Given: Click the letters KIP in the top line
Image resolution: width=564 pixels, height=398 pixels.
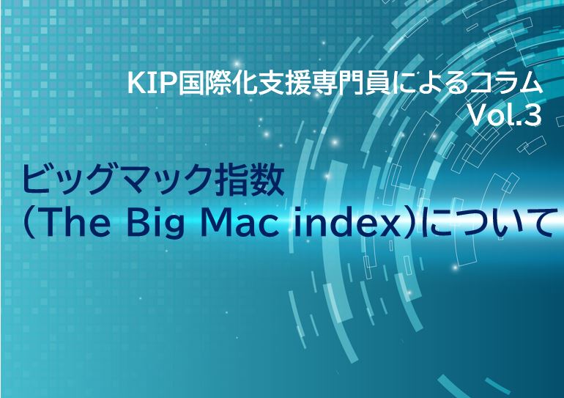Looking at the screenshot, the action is coord(152,84).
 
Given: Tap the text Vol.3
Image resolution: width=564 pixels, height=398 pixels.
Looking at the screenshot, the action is coord(505,116).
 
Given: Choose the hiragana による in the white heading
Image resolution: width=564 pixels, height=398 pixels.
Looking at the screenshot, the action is coord(423,84).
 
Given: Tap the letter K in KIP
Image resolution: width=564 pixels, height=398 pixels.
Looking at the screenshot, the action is coord(136,84).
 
